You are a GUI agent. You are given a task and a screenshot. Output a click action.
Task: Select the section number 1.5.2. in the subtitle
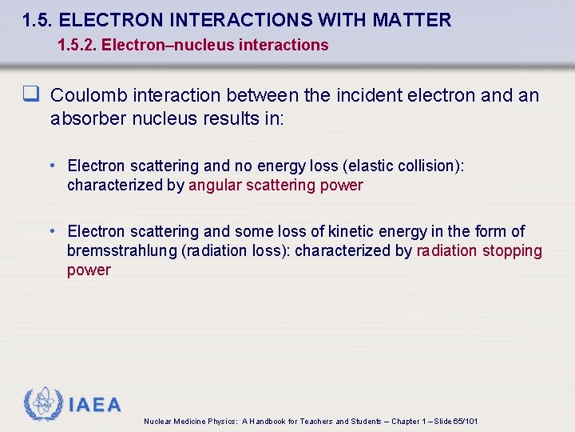(80, 45)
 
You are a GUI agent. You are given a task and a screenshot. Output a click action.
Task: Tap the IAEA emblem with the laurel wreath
(42, 405)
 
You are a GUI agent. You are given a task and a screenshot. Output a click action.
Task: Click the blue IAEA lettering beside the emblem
(95, 405)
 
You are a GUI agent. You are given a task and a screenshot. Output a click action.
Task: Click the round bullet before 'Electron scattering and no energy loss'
(51, 166)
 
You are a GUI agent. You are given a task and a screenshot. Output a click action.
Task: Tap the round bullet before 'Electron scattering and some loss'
(51, 231)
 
